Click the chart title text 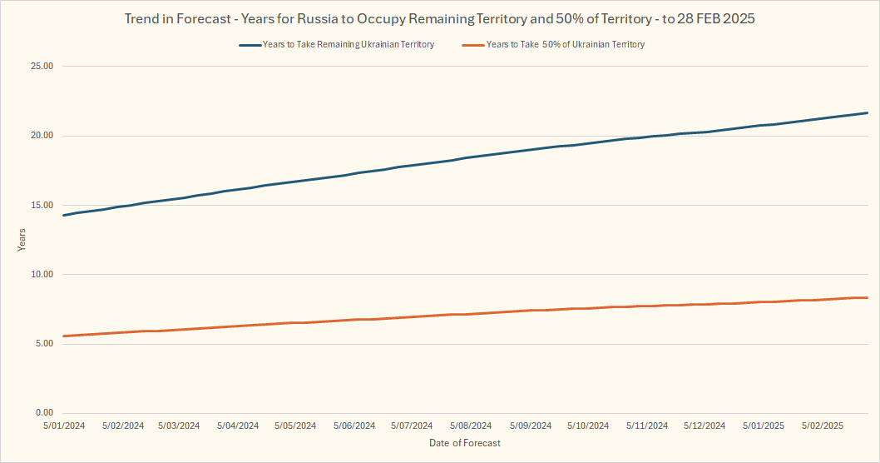(439, 18)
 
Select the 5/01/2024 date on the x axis (65, 426)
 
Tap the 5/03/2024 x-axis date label (179, 426)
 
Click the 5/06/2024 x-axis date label (354, 426)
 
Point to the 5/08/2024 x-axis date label (471, 426)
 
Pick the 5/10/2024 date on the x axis (588, 426)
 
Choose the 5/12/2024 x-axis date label (704, 426)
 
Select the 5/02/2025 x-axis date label (822, 426)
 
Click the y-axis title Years (22, 240)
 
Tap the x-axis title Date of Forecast (465, 443)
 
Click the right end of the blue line (867, 113)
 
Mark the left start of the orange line (65, 336)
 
